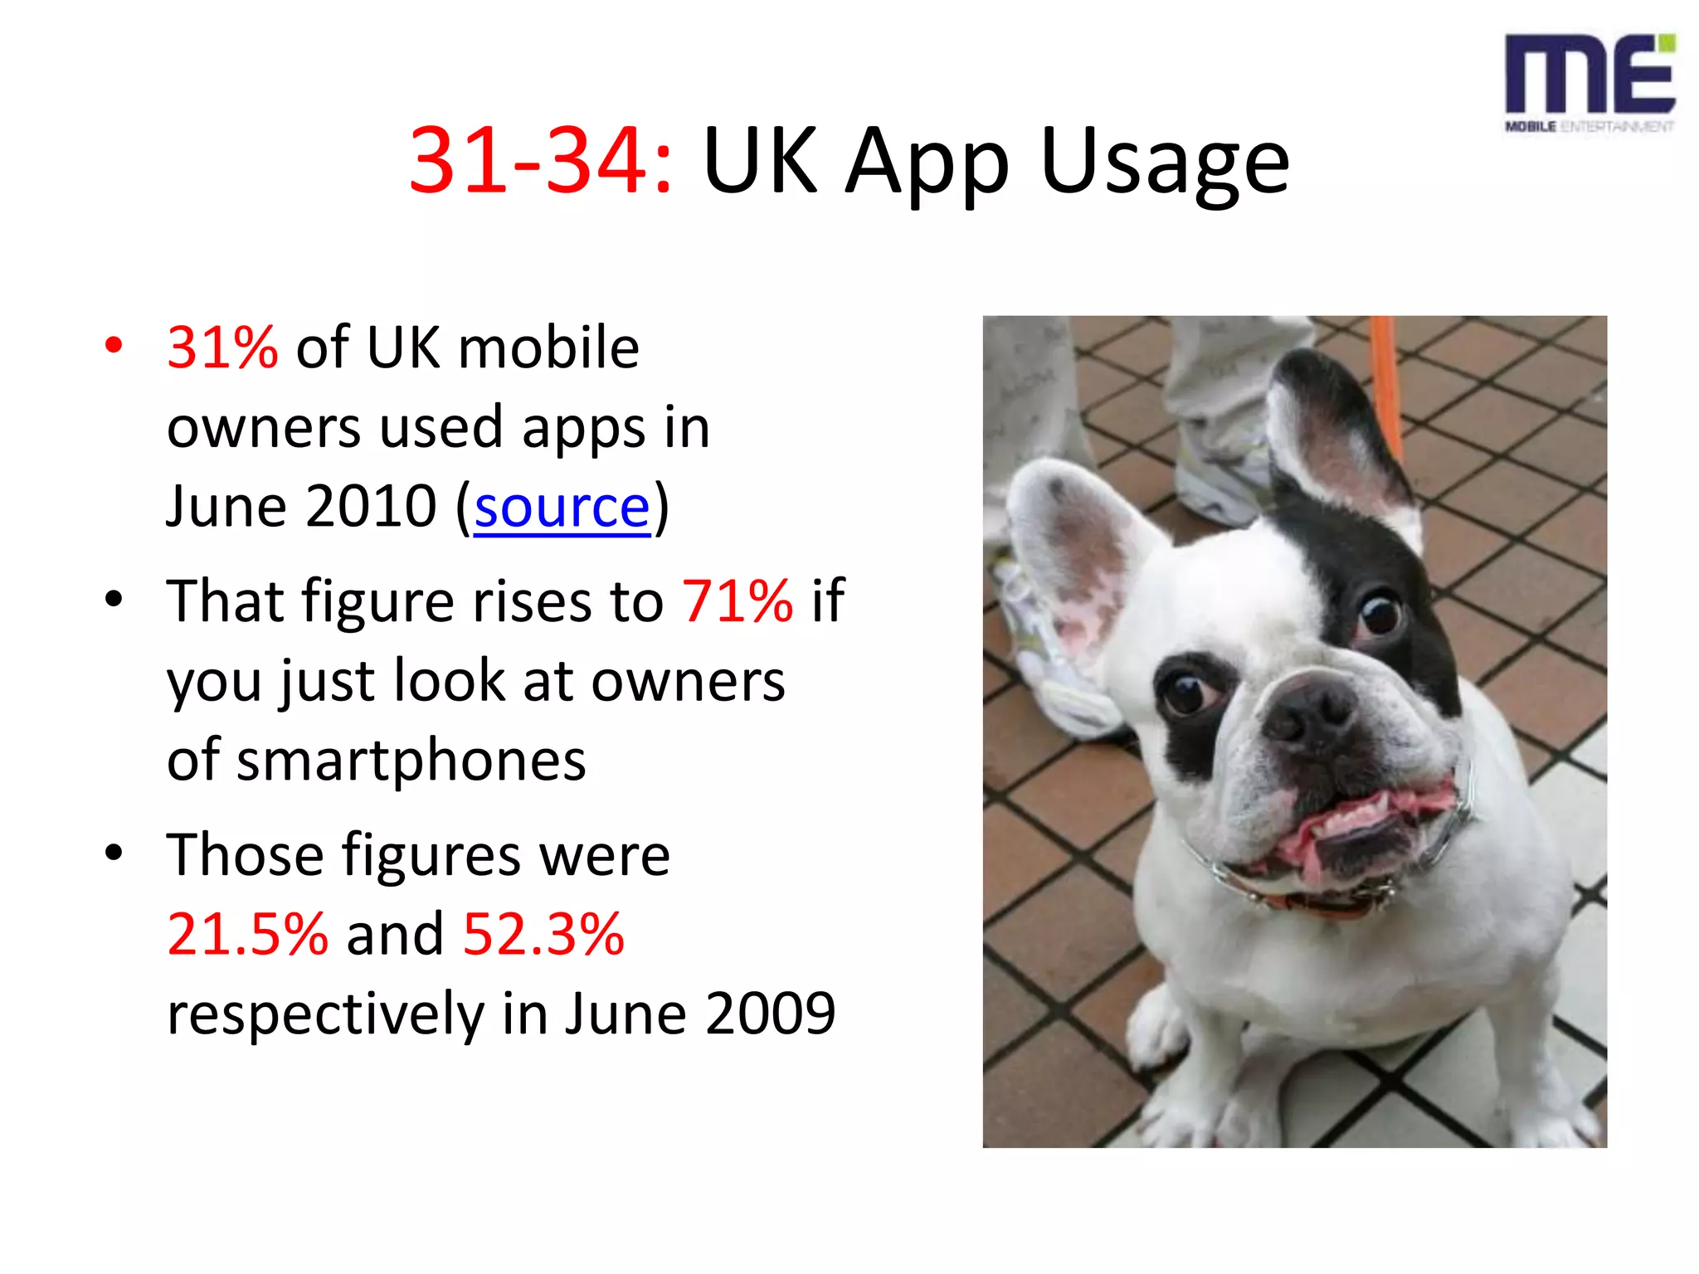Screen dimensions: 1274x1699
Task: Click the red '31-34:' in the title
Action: pyautogui.click(x=540, y=160)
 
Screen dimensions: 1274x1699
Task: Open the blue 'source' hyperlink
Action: pyautogui.click(x=562, y=507)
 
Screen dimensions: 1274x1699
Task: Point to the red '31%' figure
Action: pyautogui.click(x=222, y=347)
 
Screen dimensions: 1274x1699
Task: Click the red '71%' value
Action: pyautogui.click(x=737, y=601)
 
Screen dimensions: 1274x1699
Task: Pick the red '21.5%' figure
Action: pyautogui.click(x=247, y=934)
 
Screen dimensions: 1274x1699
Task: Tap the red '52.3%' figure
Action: pyautogui.click(x=543, y=934)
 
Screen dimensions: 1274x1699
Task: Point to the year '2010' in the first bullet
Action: pyautogui.click(x=370, y=507)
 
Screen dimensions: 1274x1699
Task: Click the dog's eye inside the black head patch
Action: pyautogui.click(x=1380, y=615)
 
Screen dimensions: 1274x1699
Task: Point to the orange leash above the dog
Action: pyautogui.click(x=1387, y=373)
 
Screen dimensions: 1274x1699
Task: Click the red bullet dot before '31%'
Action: pyautogui.click(x=114, y=345)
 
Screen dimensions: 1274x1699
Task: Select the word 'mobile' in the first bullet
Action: pyautogui.click(x=548, y=347)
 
